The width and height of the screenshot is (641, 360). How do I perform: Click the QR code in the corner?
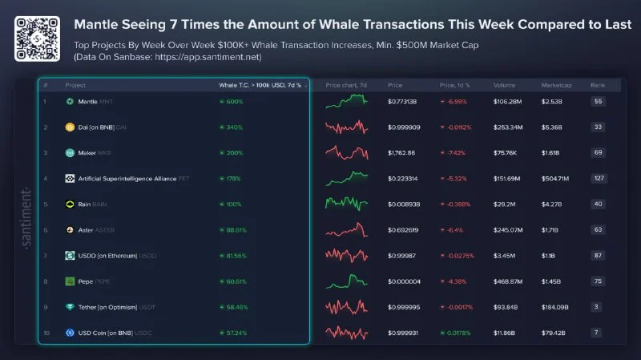click(37, 34)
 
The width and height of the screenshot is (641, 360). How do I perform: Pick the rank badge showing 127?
click(598, 179)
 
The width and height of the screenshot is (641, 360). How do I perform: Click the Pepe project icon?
click(70, 281)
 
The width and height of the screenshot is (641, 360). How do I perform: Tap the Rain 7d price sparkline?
click(346, 204)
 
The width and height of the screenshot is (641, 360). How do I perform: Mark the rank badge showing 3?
click(598, 307)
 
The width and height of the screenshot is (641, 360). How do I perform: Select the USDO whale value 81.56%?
click(234, 256)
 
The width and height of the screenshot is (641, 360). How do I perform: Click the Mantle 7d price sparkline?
click(346, 101)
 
